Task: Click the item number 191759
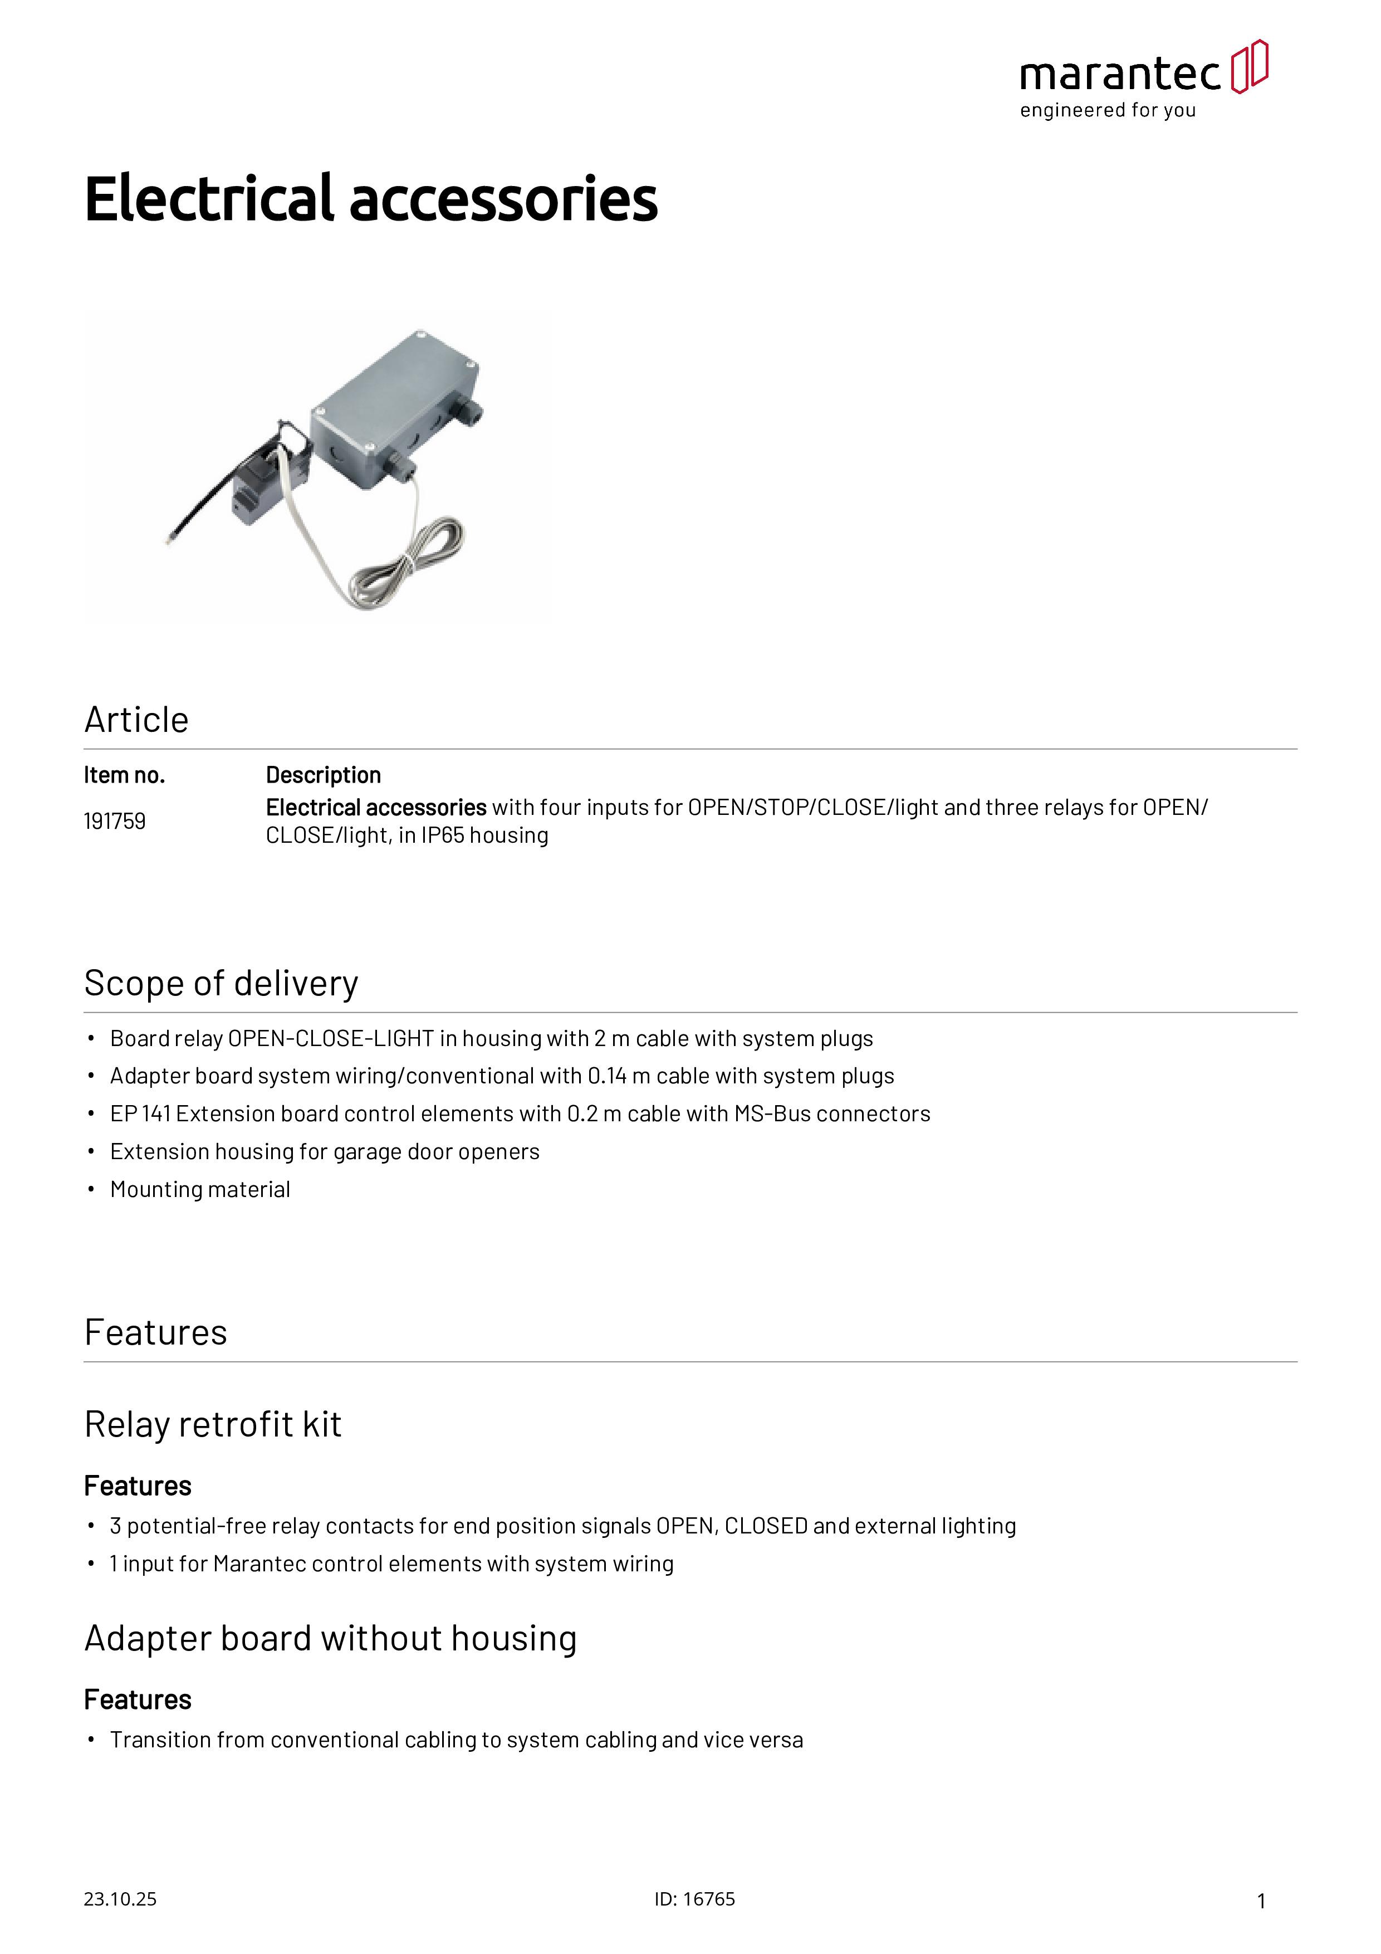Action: coord(114,821)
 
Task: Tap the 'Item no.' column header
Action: coord(124,775)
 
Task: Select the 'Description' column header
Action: coord(324,775)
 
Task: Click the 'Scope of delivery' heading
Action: coord(221,983)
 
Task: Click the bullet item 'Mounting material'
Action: coord(200,1190)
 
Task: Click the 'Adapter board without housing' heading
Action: coord(330,1638)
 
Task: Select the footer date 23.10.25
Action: coord(120,1899)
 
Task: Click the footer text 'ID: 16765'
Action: coord(694,1899)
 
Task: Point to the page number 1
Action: coord(1261,1901)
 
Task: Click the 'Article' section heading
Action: coord(136,720)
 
